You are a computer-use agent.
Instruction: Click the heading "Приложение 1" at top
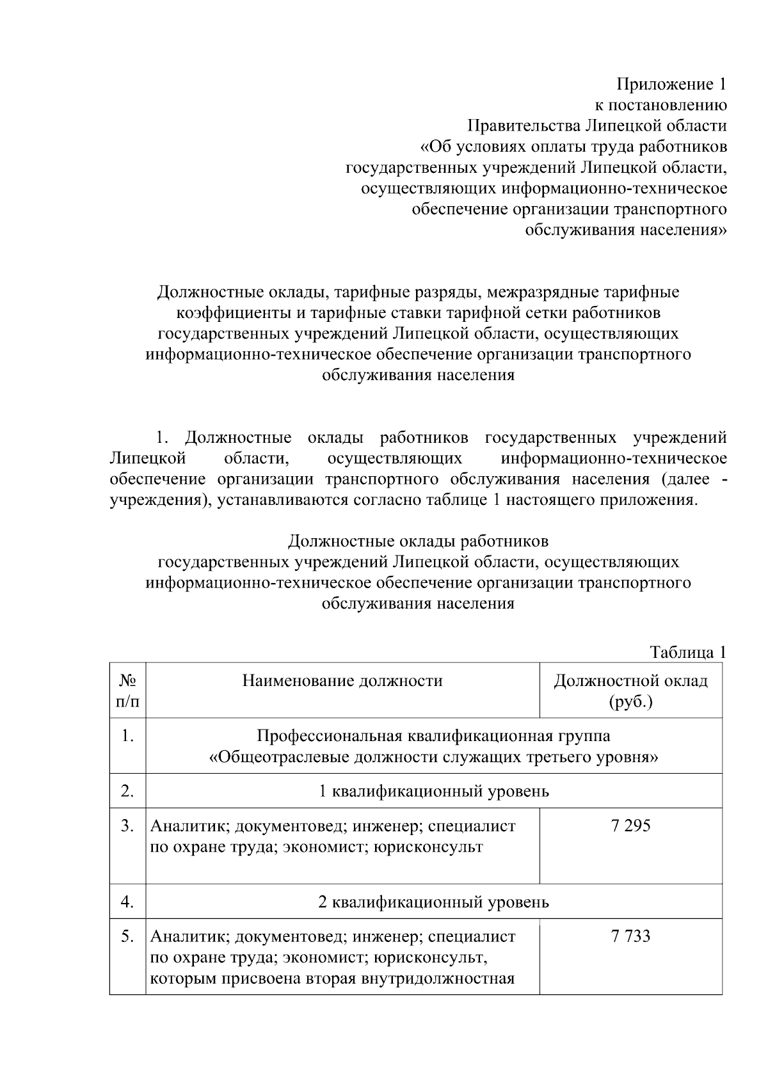pyautogui.click(x=671, y=84)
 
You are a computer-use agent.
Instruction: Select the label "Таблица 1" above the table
pyautogui.click(x=688, y=652)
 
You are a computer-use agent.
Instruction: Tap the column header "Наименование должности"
pyautogui.click(x=342, y=680)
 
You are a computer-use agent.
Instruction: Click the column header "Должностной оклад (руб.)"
pyautogui.click(x=630, y=691)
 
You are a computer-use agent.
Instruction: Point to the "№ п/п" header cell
pyautogui.click(x=127, y=691)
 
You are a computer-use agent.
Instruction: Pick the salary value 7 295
pyautogui.click(x=630, y=826)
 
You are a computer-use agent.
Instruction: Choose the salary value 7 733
pyautogui.click(x=630, y=936)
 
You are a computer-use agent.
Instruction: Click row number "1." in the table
pyautogui.click(x=127, y=736)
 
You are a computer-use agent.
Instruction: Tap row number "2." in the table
pyautogui.click(x=127, y=791)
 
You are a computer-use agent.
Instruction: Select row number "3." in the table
pyautogui.click(x=127, y=826)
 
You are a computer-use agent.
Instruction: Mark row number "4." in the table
pyautogui.click(x=127, y=902)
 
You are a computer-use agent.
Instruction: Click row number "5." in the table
pyautogui.click(x=127, y=936)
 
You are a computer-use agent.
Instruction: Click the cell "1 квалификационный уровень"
pyautogui.click(x=434, y=791)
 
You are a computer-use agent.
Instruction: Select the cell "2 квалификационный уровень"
pyautogui.click(x=434, y=902)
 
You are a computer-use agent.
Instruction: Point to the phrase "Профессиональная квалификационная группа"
pyautogui.click(x=434, y=736)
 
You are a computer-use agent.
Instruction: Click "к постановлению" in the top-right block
pyautogui.click(x=661, y=104)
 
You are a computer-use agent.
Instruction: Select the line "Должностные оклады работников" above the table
pyautogui.click(x=418, y=541)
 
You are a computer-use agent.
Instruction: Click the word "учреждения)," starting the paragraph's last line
pyautogui.click(x=160, y=499)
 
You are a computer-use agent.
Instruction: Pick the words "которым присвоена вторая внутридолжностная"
pyautogui.click(x=333, y=978)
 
